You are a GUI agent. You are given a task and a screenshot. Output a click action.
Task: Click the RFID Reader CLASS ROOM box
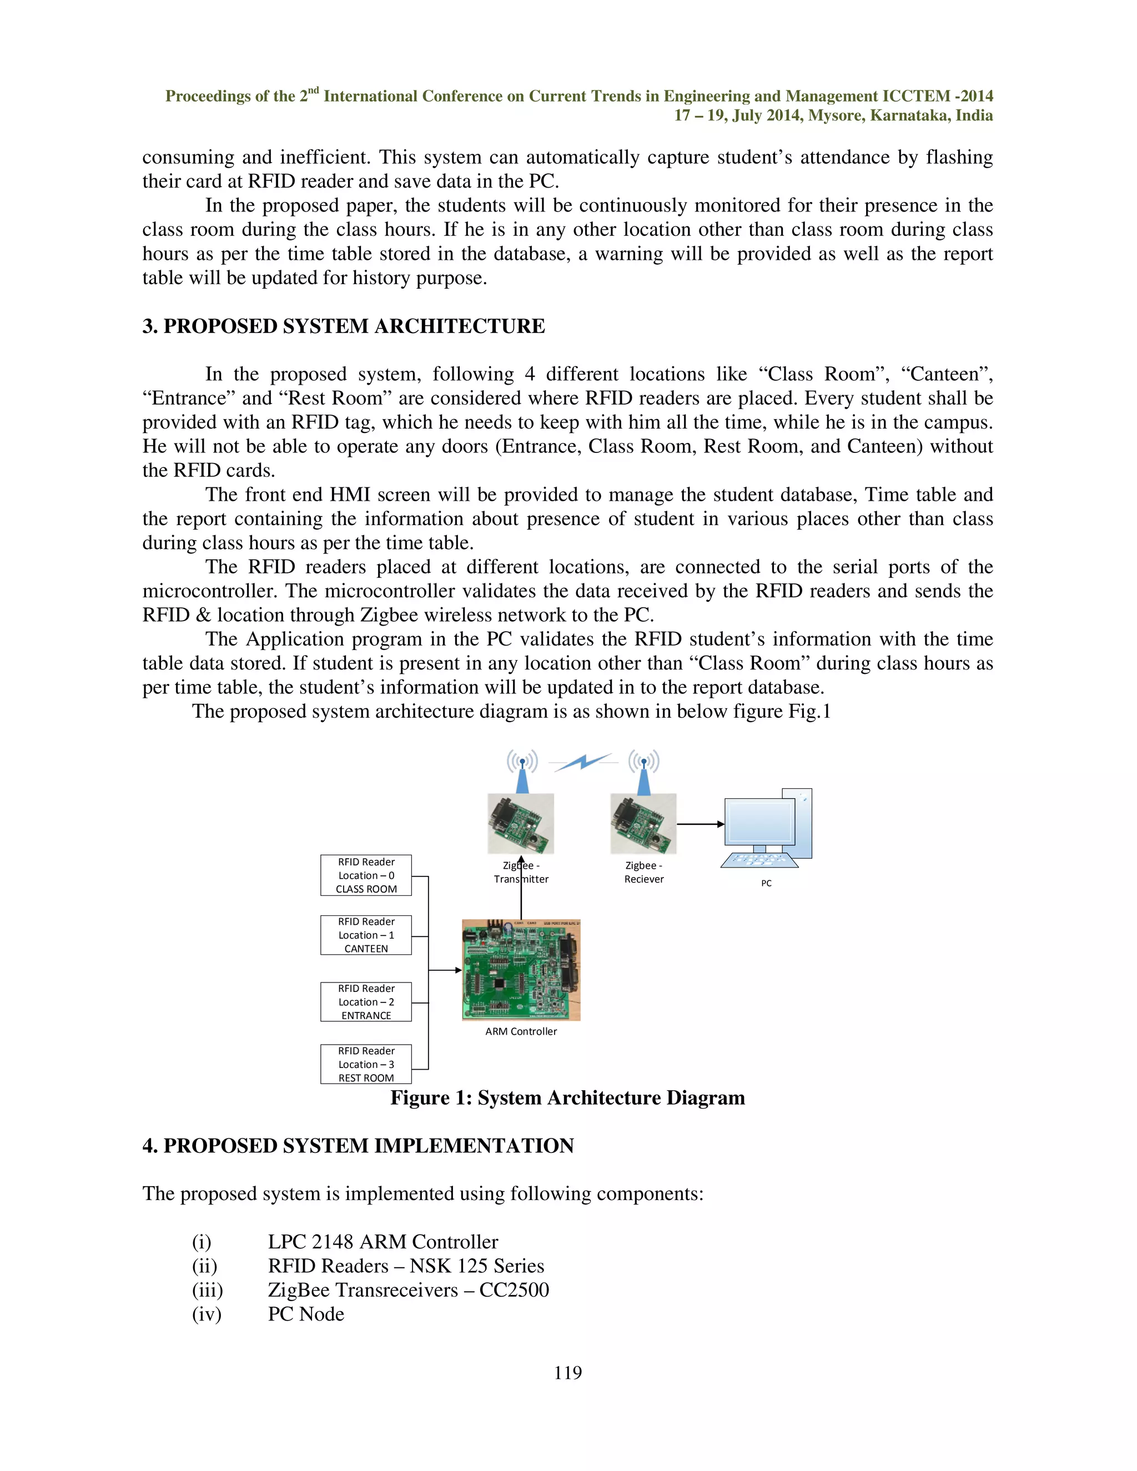tap(366, 875)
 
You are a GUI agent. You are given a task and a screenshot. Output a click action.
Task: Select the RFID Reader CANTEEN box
tap(366, 935)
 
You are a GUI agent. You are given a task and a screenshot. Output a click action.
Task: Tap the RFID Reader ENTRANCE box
tap(366, 1001)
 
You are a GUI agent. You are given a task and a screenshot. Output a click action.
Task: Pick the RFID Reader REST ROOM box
tap(366, 1064)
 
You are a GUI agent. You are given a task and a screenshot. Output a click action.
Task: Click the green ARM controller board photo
tap(521, 970)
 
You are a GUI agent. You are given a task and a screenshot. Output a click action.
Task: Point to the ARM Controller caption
tap(521, 1031)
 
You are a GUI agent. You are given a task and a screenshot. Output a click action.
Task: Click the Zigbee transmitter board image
tap(521, 823)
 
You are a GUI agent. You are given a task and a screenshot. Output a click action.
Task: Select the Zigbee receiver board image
tap(643, 823)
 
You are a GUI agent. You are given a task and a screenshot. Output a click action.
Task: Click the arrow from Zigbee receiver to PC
tap(701, 824)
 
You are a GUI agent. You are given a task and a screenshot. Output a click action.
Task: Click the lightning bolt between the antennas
tap(583, 763)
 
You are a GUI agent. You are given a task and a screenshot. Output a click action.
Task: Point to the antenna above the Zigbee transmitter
tap(522, 771)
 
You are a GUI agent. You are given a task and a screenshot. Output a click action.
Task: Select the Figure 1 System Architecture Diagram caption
tap(567, 1098)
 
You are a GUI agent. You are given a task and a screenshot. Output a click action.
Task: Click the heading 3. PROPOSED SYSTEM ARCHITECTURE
tap(344, 326)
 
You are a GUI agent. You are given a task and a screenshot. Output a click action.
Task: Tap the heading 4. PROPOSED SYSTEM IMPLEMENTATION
tap(358, 1146)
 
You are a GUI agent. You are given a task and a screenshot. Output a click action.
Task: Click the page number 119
tap(568, 1373)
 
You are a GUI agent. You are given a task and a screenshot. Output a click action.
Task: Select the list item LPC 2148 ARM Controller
tap(383, 1241)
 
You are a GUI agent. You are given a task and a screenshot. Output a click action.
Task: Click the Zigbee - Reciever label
tap(643, 872)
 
